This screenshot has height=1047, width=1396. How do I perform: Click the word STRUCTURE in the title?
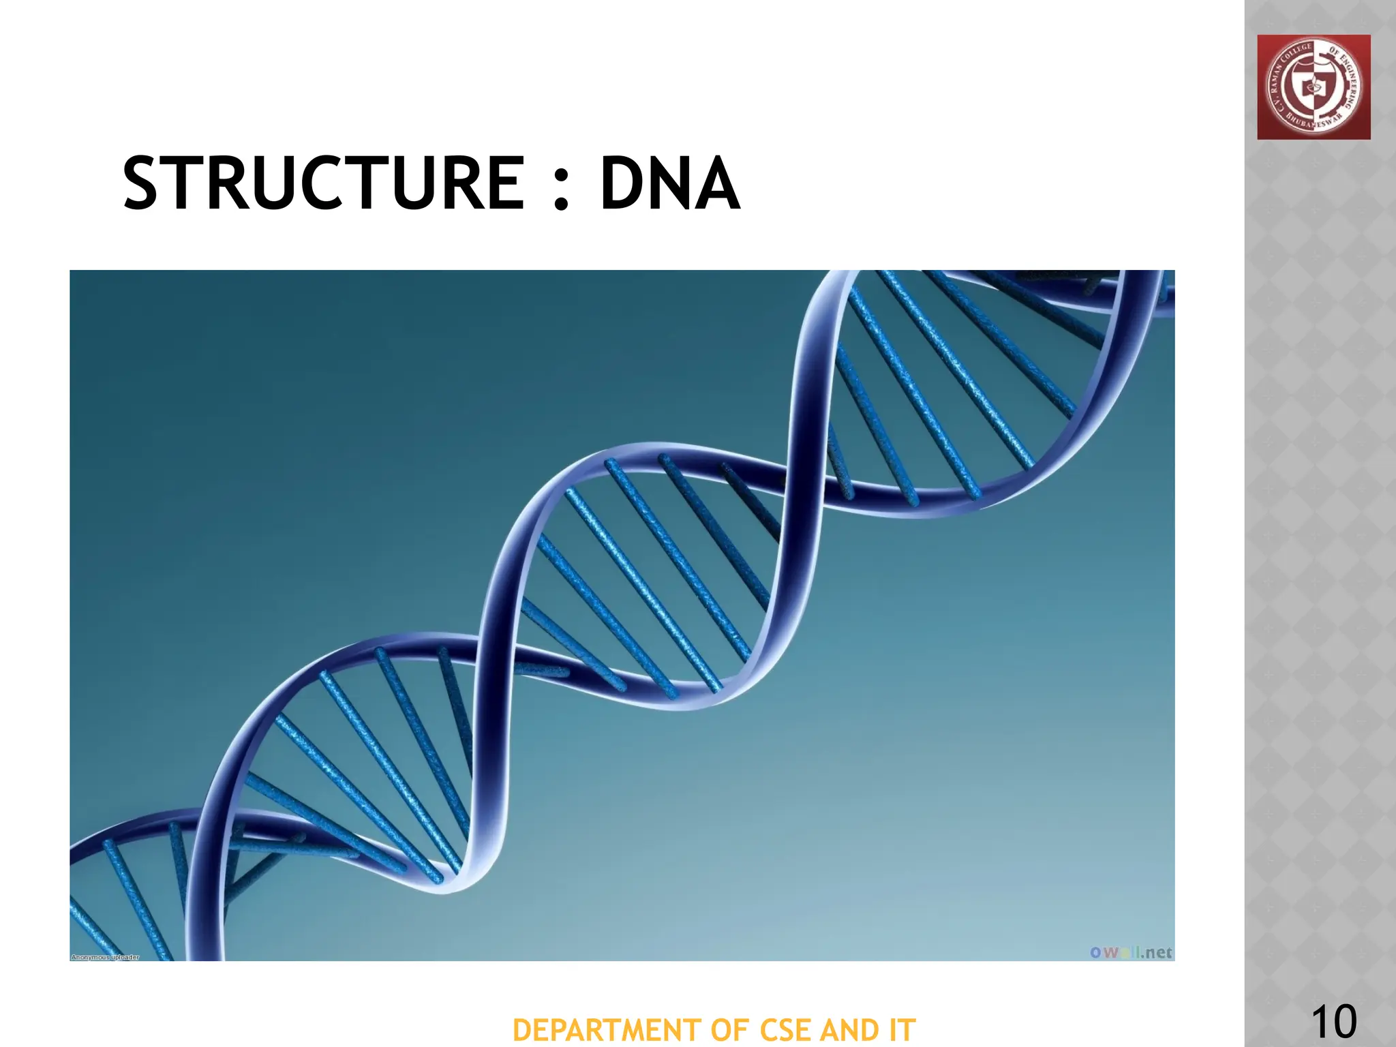coord(324,183)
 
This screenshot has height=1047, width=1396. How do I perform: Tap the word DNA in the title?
coord(669,183)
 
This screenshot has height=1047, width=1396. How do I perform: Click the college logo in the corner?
coord(1314,87)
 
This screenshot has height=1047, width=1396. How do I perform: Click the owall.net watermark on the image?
coord(1131,952)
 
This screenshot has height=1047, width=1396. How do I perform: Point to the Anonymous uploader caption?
coord(105,957)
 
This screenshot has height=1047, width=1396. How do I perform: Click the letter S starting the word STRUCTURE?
coord(145,183)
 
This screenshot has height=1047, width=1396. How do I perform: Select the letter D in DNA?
coord(622,183)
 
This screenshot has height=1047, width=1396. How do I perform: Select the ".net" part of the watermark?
coord(1156,952)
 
